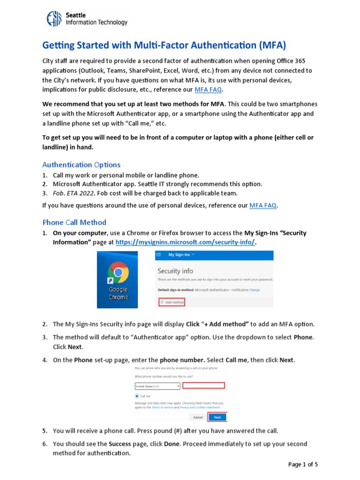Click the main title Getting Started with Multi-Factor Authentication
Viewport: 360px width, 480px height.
[x=164, y=45]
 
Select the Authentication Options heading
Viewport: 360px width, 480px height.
[x=81, y=165]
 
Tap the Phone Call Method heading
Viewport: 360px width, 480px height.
[x=74, y=222]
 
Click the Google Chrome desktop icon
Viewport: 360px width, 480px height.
[x=118, y=280]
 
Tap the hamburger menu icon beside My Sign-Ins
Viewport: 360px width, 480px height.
[x=158, y=255]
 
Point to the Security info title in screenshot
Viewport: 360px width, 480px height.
[x=175, y=271]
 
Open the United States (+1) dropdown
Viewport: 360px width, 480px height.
[x=157, y=386]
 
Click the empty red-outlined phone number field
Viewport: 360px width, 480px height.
[x=203, y=385]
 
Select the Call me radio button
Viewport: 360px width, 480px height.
[x=137, y=396]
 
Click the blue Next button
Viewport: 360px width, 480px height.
[x=217, y=417]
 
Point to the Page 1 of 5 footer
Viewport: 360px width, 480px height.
[x=303, y=465]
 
